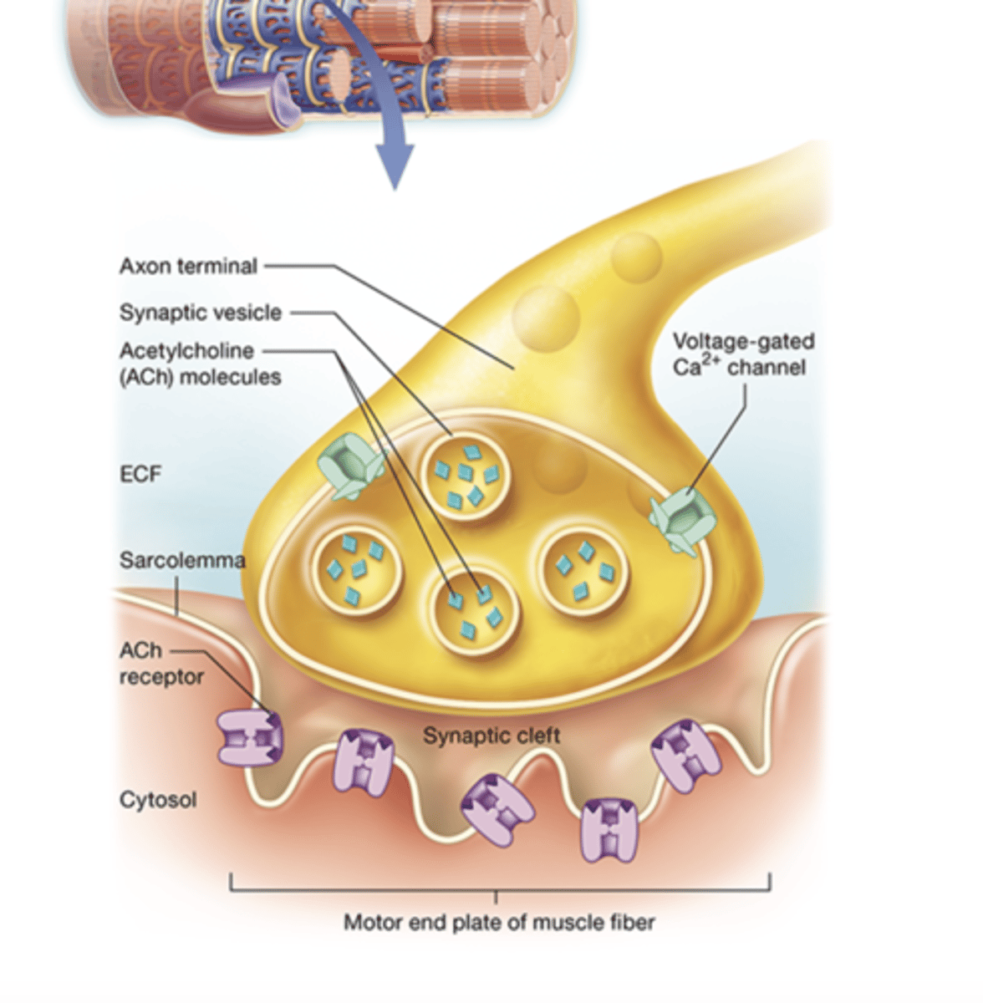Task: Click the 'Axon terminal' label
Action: click(x=188, y=267)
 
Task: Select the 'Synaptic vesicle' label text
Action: click(x=200, y=313)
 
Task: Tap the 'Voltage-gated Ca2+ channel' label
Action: click(x=742, y=354)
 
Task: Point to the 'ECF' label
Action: click(x=140, y=474)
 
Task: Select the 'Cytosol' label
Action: click(x=158, y=800)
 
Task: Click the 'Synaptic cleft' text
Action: click(x=491, y=736)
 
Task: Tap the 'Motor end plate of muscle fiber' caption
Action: click(x=499, y=923)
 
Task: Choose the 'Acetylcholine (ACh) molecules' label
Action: click(x=199, y=364)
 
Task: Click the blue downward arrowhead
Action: click(x=394, y=167)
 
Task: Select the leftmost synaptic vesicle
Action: click(x=357, y=569)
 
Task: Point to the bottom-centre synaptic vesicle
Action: click(x=474, y=610)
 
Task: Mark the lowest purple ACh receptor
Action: click(x=609, y=829)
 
